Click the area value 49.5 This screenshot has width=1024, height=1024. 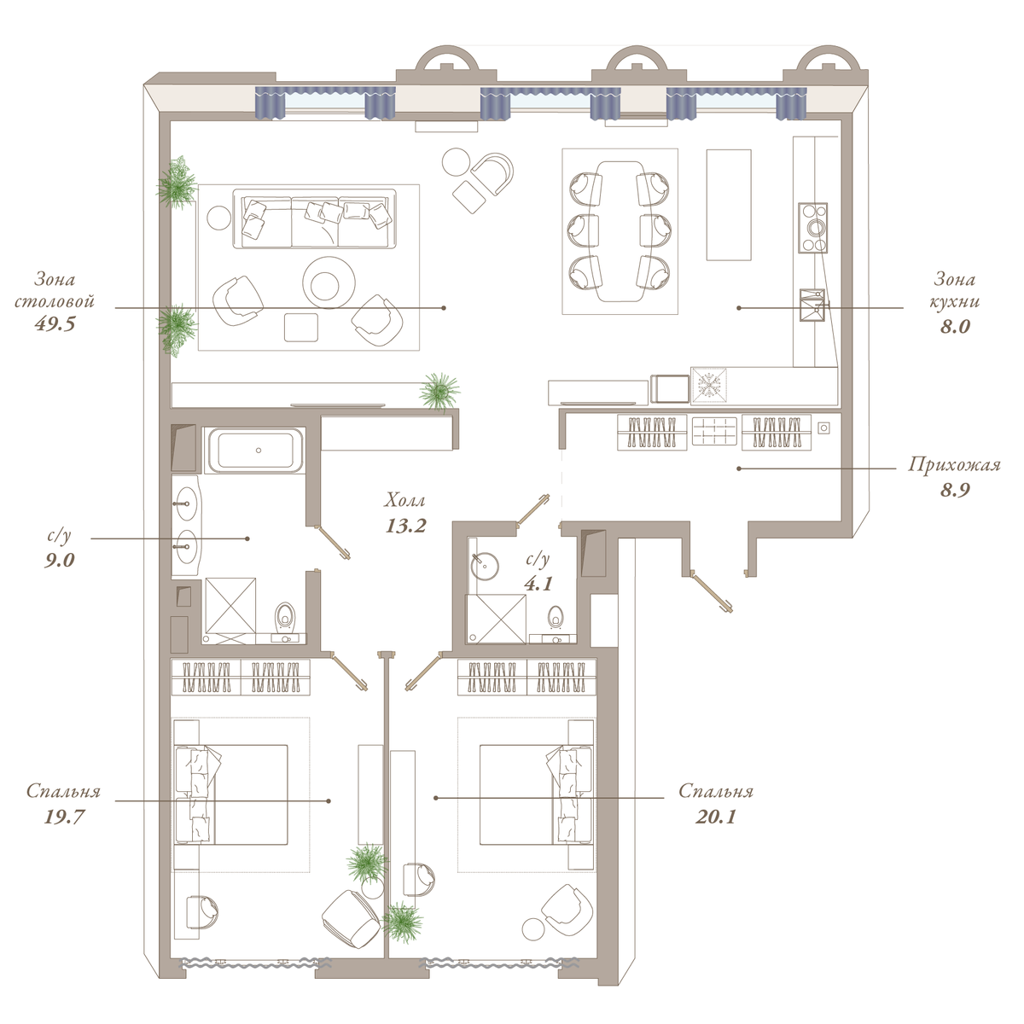(55, 324)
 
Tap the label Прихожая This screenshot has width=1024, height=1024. (954, 465)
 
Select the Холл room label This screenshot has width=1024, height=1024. (405, 501)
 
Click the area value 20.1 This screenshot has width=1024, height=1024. (716, 817)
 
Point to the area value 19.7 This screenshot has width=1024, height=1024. (64, 817)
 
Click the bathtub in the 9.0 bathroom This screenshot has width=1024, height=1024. (255, 450)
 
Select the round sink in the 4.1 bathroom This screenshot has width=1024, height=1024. (484, 566)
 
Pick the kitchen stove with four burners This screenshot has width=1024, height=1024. (812, 228)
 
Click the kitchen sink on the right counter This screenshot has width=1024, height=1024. (812, 305)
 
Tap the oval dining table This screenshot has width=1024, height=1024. (620, 231)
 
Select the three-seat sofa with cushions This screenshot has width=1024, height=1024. (315, 218)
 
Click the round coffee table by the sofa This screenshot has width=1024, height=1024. (329, 282)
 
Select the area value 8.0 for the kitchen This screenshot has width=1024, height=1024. (955, 326)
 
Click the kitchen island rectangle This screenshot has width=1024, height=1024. (729, 205)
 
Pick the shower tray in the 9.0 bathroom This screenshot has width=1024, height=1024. (230, 605)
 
